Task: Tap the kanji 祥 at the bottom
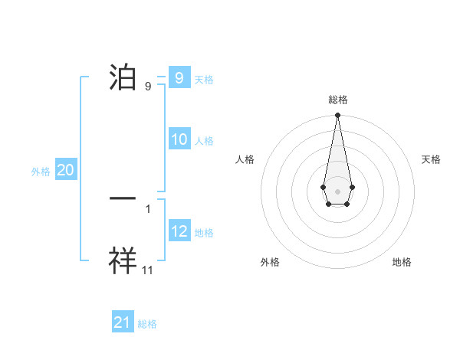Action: (x=123, y=260)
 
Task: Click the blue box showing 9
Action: (x=179, y=77)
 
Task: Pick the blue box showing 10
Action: (x=179, y=139)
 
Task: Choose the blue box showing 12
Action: (x=179, y=231)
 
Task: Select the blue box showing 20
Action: (x=66, y=170)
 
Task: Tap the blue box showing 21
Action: (x=123, y=322)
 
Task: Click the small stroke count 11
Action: (x=148, y=270)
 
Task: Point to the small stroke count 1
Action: (x=148, y=208)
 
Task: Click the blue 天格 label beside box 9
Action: (x=204, y=79)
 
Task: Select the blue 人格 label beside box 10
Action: (x=204, y=141)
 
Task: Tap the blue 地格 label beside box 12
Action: (x=204, y=233)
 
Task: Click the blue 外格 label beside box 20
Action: (x=41, y=172)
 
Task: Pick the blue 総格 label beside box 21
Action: (x=147, y=324)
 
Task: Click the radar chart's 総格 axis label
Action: (x=338, y=100)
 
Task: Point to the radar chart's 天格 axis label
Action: (x=431, y=159)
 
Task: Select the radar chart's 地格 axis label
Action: (x=402, y=262)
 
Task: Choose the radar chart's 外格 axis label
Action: (x=270, y=262)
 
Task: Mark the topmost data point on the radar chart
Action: (x=337, y=116)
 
